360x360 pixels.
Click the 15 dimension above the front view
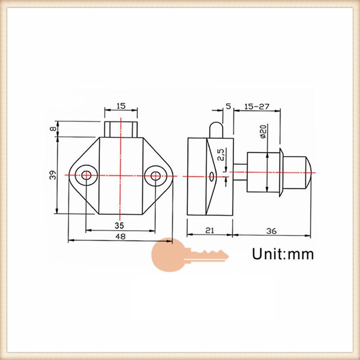pyautogui.click(x=120, y=106)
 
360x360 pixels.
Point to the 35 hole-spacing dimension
pyautogui.click(x=119, y=225)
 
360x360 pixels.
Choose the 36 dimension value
pyautogui.click(x=272, y=231)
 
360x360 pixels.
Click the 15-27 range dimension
pyautogui.click(x=257, y=106)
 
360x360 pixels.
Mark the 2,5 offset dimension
pyautogui.click(x=222, y=155)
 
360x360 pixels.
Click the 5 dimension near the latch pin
pyautogui.click(x=228, y=106)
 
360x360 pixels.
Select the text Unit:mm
pyautogui.click(x=283, y=254)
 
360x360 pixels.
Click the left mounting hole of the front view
pyautogui.click(x=86, y=176)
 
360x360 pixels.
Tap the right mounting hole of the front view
pyautogui.click(x=155, y=176)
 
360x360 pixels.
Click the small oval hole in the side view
pyautogui.click(x=212, y=176)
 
